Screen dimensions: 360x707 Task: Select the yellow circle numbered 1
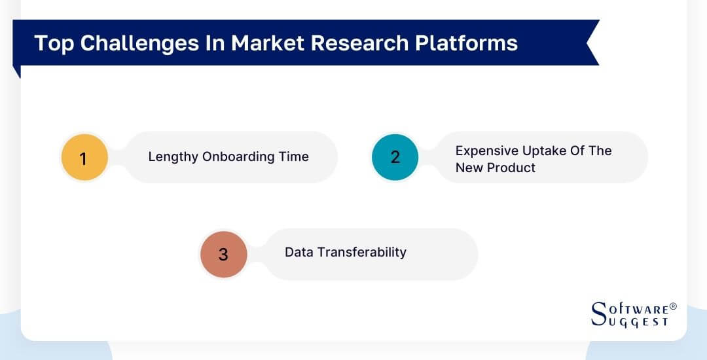pos(84,158)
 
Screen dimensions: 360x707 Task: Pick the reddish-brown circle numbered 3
pos(223,254)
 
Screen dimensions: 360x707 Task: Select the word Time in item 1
pos(295,157)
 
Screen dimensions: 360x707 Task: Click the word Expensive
pos(484,151)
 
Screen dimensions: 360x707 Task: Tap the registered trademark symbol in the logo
pos(673,306)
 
